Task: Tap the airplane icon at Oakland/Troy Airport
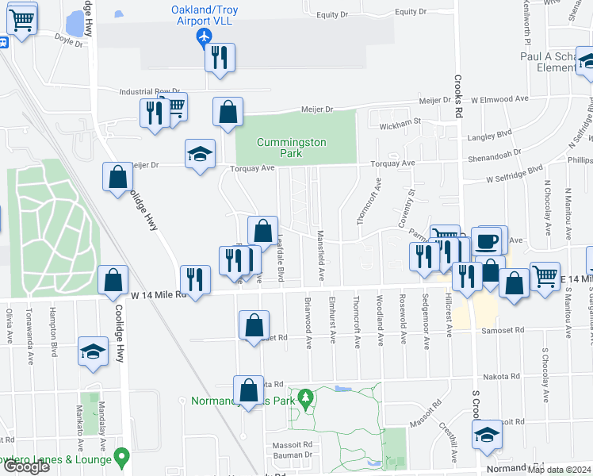pyautogui.click(x=205, y=36)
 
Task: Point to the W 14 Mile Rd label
pyautogui.click(x=158, y=295)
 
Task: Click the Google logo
pyautogui.click(x=26, y=466)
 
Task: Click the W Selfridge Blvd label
pyautogui.click(x=515, y=169)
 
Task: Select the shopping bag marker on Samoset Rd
pyautogui.click(x=253, y=325)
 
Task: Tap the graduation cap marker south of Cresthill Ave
pyautogui.click(x=488, y=434)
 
